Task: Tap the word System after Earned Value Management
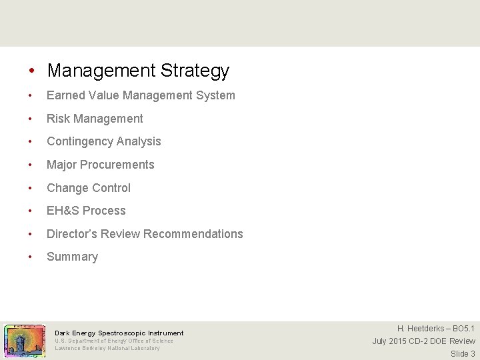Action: coord(215,95)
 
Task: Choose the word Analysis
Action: coord(139,141)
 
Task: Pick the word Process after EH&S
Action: coord(105,211)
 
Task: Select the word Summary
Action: coord(72,257)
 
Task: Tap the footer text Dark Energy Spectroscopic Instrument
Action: coord(119,333)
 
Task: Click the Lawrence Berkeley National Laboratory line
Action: coord(107,348)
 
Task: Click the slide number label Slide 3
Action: coord(463,354)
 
